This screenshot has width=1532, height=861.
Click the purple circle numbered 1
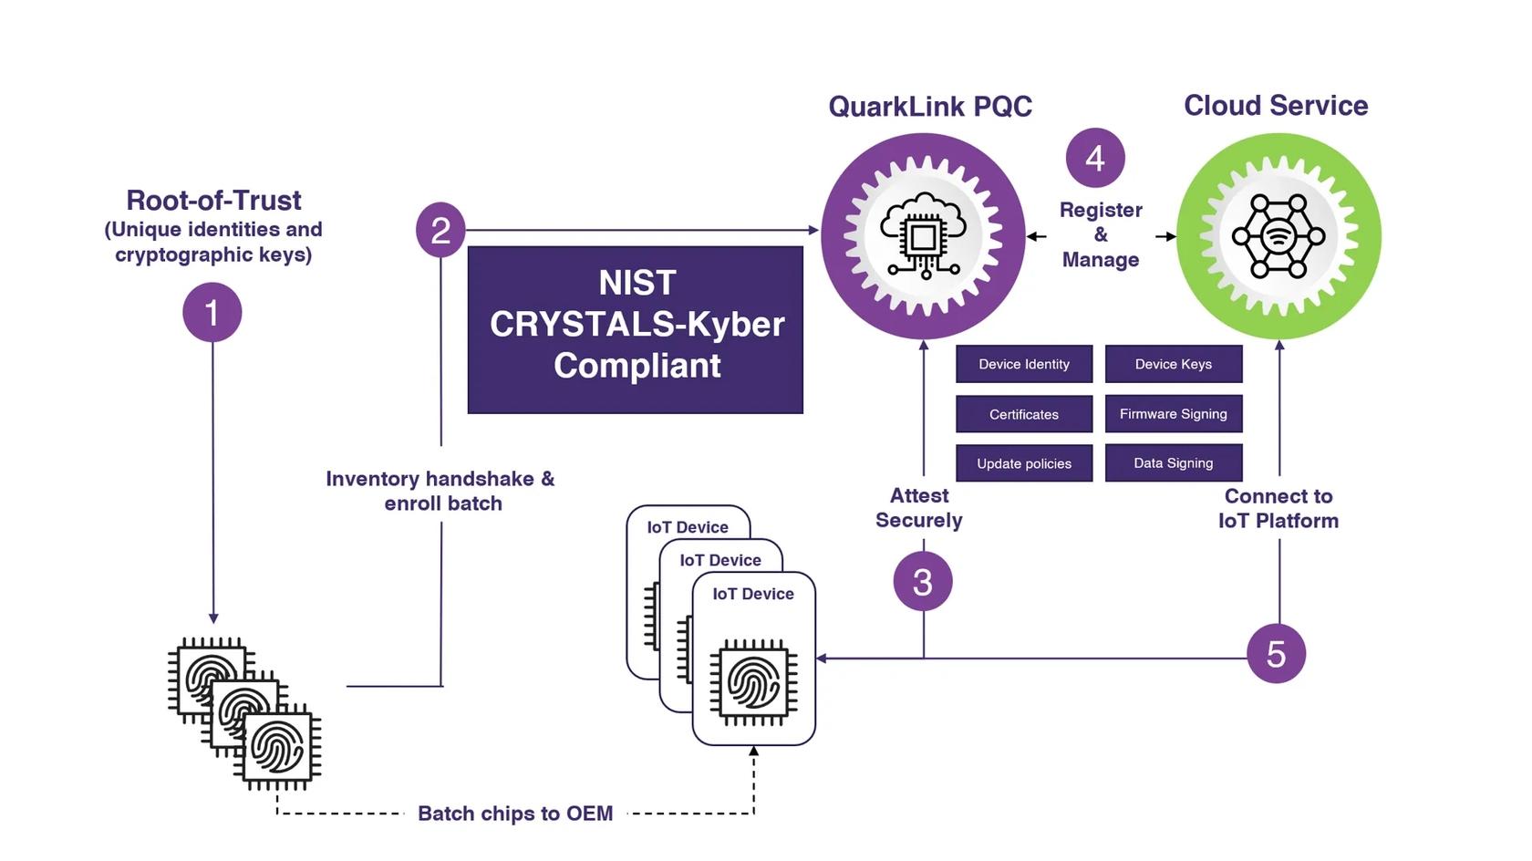pyautogui.click(x=212, y=313)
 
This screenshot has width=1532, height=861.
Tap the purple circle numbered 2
pyautogui.click(x=440, y=230)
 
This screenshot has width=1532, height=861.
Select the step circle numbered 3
pyautogui.click(x=922, y=581)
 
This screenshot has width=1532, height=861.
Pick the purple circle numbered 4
pyautogui.click(x=1094, y=158)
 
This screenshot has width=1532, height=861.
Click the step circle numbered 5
pyautogui.click(x=1276, y=653)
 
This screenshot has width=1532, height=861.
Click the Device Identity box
pyautogui.click(x=1023, y=364)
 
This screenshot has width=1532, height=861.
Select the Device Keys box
pyautogui.click(x=1173, y=364)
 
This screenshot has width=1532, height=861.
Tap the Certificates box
pyautogui.click(x=1023, y=414)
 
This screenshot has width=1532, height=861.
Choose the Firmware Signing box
pyautogui.click(x=1173, y=414)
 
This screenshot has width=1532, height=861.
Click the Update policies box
pyautogui.click(x=1023, y=463)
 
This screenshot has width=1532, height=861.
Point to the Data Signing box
pyautogui.click(x=1173, y=463)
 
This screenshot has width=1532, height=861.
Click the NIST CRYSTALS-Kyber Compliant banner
pyautogui.click(x=636, y=329)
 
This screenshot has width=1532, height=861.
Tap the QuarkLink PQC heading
pyautogui.click(x=929, y=107)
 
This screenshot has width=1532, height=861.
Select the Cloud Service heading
pyautogui.click(x=1275, y=106)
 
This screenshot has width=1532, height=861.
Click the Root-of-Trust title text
pyautogui.click(x=213, y=200)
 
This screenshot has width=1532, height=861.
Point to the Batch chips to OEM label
pyautogui.click(x=514, y=813)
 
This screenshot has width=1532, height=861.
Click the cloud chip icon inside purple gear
pyautogui.click(x=922, y=236)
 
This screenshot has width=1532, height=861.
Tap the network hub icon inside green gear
pyautogui.click(x=1278, y=236)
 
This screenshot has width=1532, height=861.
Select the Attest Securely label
pyautogui.click(x=918, y=508)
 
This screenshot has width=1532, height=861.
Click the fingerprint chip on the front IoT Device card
pyautogui.click(x=753, y=681)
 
